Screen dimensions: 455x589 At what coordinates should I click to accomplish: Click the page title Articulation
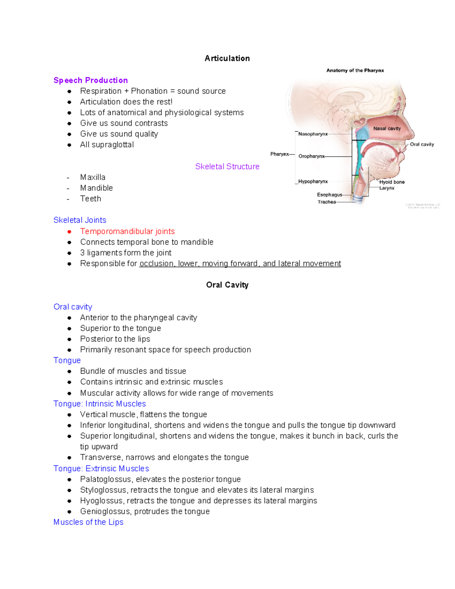(227, 58)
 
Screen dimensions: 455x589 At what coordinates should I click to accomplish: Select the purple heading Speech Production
(91, 80)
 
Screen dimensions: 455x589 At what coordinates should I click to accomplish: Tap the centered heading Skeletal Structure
(227, 166)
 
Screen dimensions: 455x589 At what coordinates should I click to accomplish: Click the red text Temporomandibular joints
(127, 231)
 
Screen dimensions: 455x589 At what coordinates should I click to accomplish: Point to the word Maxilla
(93, 177)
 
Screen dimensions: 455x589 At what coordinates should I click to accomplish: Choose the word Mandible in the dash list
(96, 188)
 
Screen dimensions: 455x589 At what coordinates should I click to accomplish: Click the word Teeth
(91, 199)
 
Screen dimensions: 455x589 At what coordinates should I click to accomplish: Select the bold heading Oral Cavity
(227, 285)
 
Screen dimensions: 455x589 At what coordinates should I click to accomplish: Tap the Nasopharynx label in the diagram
(313, 134)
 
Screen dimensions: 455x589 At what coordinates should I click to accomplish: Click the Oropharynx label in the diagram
(311, 156)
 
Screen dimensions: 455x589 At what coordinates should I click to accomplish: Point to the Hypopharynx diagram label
(313, 182)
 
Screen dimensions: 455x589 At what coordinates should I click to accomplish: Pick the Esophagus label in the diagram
(329, 195)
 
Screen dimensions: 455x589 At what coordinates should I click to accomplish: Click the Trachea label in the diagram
(326, 202)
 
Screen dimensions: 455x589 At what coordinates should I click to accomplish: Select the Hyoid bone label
(392, 182)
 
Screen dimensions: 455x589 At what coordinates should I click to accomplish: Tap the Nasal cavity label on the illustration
(387, 129)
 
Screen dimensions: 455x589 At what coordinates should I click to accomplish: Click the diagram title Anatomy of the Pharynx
(355, 71)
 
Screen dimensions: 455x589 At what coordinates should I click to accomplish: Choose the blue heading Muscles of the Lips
(88, 522)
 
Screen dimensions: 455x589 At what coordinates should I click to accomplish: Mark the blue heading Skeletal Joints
(80, 220)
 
